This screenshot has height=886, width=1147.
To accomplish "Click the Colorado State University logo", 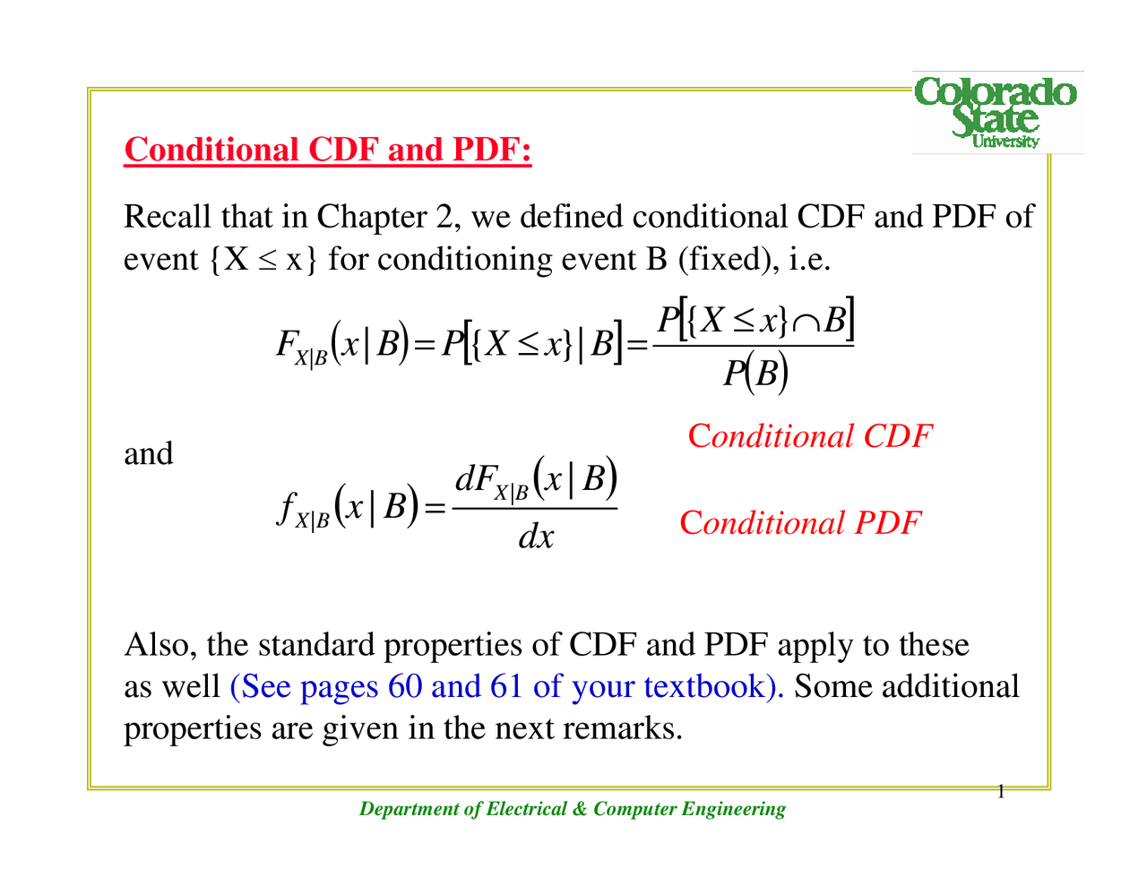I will [x=996, y=112].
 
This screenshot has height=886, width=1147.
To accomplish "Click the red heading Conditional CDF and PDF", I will [x=328, y=150].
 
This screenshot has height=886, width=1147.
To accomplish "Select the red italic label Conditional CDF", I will [x=809, y=436].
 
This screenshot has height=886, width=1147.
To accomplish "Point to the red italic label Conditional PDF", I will [x=799, y=522].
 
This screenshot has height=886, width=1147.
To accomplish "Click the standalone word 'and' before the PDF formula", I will [x=148, y=453].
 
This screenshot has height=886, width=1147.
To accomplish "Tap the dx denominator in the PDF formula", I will [x=536, y=537].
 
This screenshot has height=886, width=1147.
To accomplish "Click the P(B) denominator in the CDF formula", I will [x=755, y=372].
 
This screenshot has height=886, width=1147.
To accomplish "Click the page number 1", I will [x=1000, y=791].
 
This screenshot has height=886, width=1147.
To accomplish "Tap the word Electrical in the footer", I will [x=526, y=809].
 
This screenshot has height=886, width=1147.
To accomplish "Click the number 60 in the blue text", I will [x=404, y=686].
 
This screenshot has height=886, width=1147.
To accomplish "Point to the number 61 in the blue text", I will [x=505, y=686].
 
